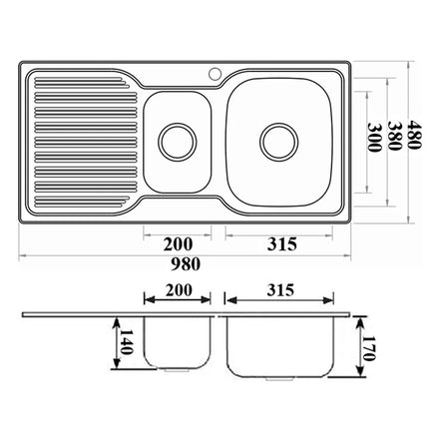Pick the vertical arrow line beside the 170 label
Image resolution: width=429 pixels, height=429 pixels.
(x=359, y=350)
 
